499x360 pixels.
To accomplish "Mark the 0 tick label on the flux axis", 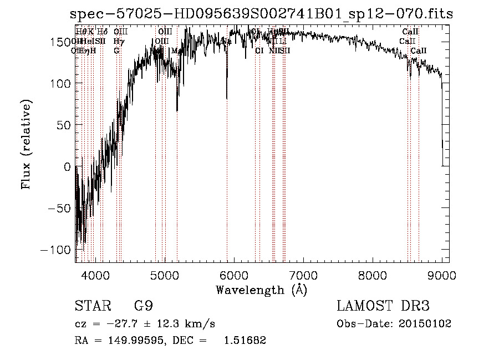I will pyautogui.click(x=67, y=166).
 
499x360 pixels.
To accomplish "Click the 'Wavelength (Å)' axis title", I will pyautogui.click(x=261, y=290).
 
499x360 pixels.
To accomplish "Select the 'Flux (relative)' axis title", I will pyautogui.click(x=27, y=144).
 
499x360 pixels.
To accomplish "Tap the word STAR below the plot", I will pyautogui.click(x=92, y=306).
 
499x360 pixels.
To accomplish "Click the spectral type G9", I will pyautogui.click(x=143, y=306).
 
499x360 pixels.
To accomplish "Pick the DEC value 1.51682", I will pyautogui.click(x=245, y=341).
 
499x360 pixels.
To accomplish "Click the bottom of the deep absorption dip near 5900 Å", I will pyautogui.click(x=227, y=98).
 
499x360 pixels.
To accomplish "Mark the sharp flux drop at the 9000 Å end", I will pyautogui.click(x=442, y=139).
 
